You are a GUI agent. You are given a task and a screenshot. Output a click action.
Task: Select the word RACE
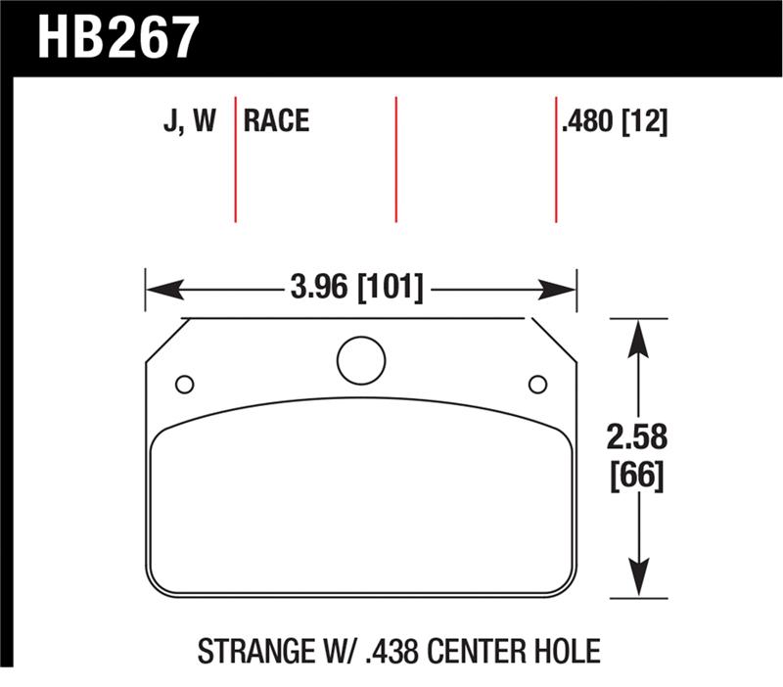coord(276,120)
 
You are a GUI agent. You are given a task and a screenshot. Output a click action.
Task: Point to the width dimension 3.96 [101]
coord(356,289)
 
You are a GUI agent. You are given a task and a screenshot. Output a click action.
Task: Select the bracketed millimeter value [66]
coord(637,477)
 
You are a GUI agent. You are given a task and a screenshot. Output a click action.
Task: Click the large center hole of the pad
coord(361,360)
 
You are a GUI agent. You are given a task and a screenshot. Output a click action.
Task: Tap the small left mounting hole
coord(184,384)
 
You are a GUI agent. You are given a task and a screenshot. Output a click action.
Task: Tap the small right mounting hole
coord(536,384)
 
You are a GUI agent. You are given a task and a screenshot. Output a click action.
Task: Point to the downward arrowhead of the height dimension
coord(637,578)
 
